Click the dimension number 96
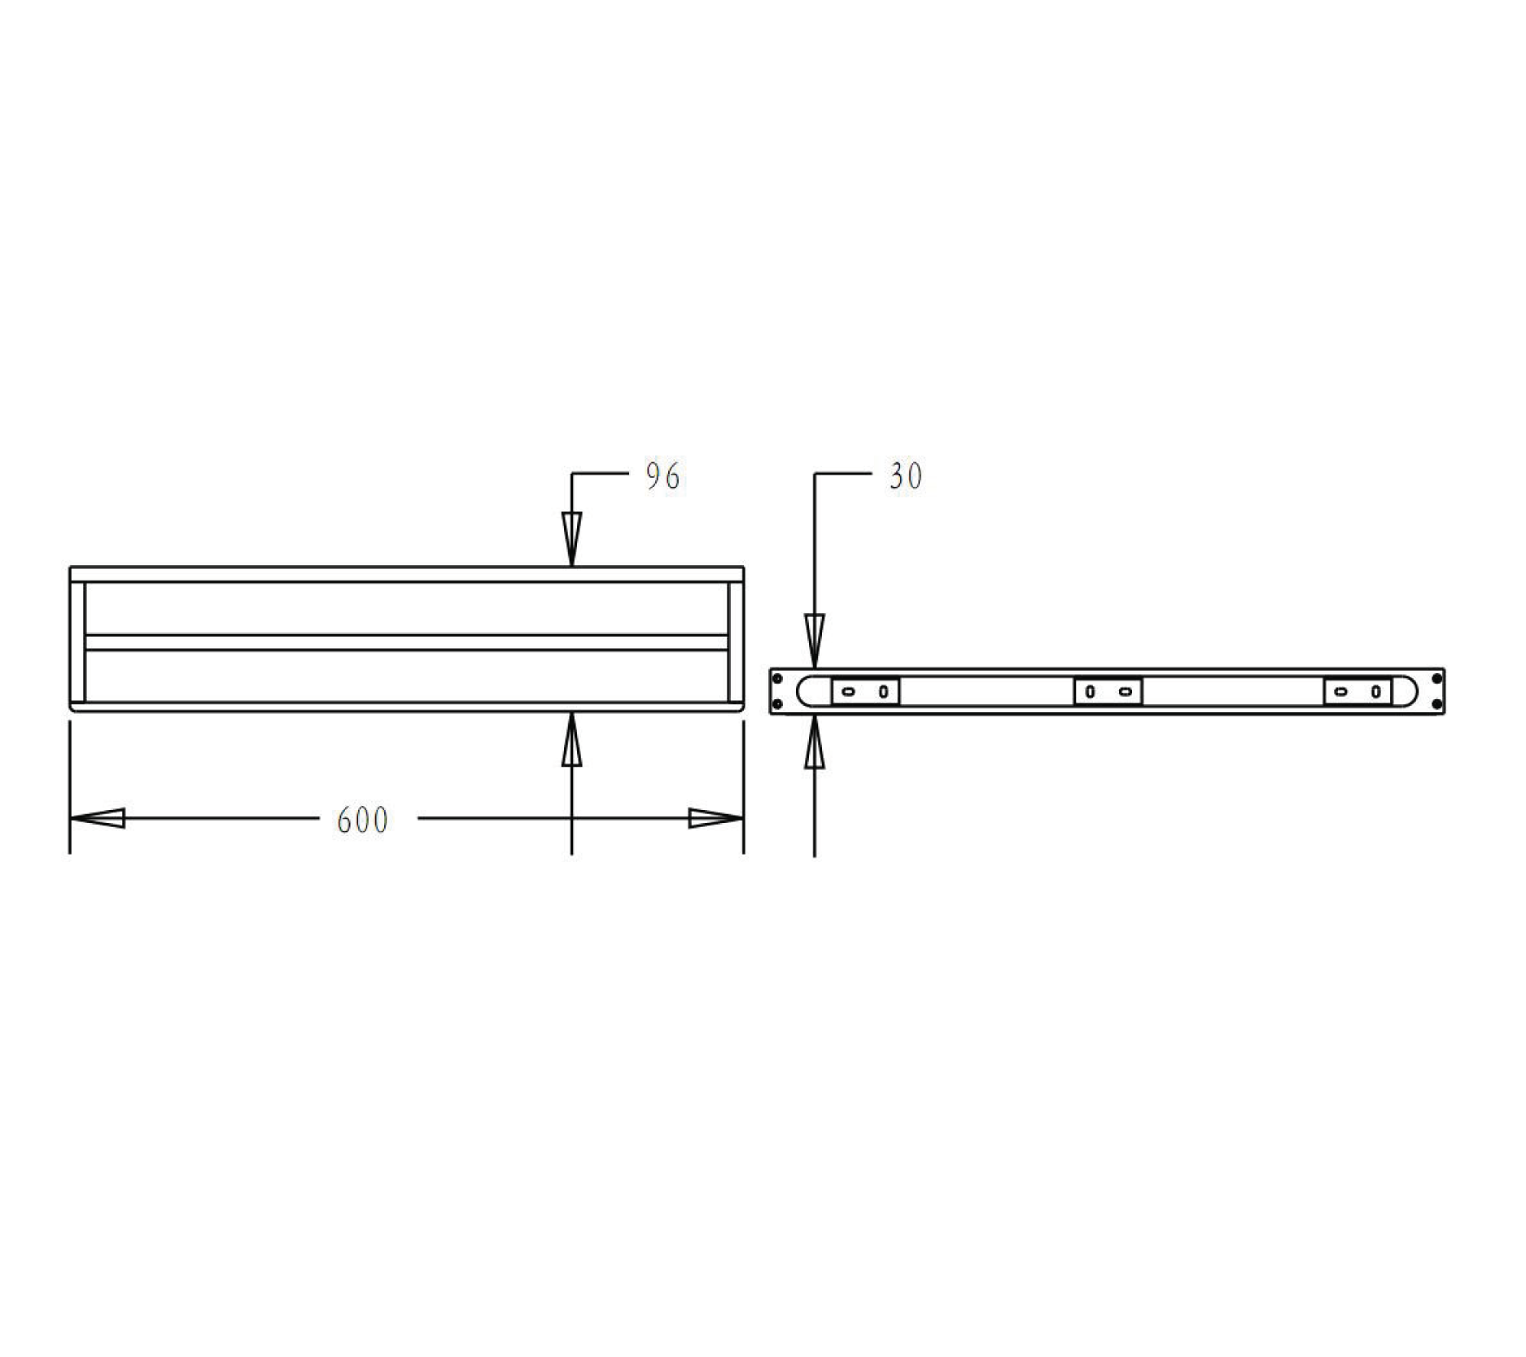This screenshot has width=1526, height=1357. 662,476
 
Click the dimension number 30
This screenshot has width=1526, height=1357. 905,476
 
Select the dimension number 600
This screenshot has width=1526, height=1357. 362,820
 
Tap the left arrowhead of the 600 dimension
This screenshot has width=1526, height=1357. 98,818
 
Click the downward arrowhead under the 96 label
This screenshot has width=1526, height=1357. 571,537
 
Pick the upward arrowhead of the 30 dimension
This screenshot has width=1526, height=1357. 815,742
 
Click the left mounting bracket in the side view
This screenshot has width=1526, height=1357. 865,692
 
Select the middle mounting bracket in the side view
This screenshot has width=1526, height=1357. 1108,692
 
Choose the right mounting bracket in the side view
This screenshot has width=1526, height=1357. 1358,692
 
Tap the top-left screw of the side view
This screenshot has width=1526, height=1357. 777,678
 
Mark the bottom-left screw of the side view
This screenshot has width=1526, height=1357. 777,704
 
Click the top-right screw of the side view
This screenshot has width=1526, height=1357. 1436,678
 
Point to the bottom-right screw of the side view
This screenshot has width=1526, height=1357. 1436,704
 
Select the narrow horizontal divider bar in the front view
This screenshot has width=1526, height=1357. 407,642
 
